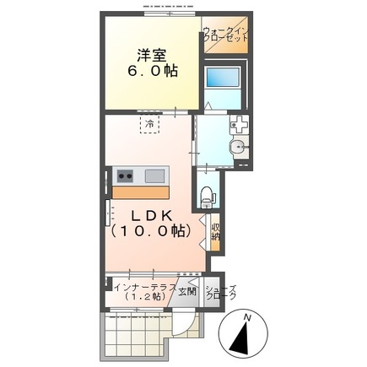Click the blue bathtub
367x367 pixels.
pos(224,83)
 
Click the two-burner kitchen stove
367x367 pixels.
pos(125,175)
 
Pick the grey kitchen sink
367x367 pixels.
pos(155,175)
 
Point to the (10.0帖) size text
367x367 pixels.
pos(154,229)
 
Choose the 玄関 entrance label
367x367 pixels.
pos(186,292)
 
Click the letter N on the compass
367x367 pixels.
pos(247,317)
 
